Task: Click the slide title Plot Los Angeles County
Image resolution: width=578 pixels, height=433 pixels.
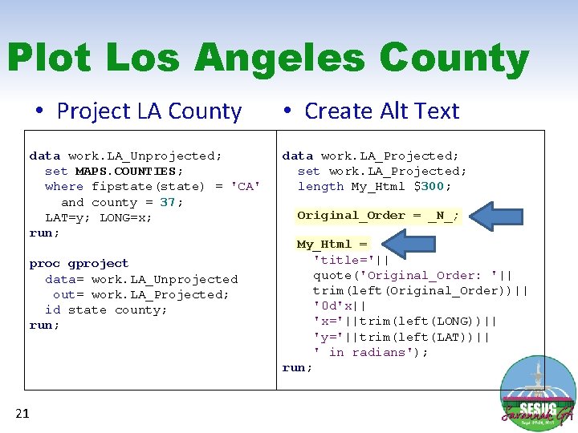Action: [267, 59]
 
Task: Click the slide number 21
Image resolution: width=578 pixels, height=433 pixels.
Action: [22, 413]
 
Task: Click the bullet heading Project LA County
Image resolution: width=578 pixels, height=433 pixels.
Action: [149, 111]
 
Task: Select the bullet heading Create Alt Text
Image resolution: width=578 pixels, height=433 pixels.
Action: [381, 111]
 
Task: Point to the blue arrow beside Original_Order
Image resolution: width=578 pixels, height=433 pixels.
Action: [496, 215]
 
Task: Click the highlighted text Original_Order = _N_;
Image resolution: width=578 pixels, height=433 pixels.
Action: [378, 215]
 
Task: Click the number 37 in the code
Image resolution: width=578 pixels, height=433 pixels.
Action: [168, 202]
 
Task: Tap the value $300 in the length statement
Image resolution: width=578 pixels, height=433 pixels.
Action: [432, 186]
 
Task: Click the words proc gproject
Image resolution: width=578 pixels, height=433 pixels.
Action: [79, 263]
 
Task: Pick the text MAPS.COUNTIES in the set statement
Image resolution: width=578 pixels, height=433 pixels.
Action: [128, 171]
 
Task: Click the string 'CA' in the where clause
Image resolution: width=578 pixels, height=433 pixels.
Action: [246, 186]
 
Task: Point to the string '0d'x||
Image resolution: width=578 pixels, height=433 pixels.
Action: [340, 306]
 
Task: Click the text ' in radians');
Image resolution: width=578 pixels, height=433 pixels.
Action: [371, 352]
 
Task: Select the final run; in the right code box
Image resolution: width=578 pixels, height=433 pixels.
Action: [297, 367]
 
